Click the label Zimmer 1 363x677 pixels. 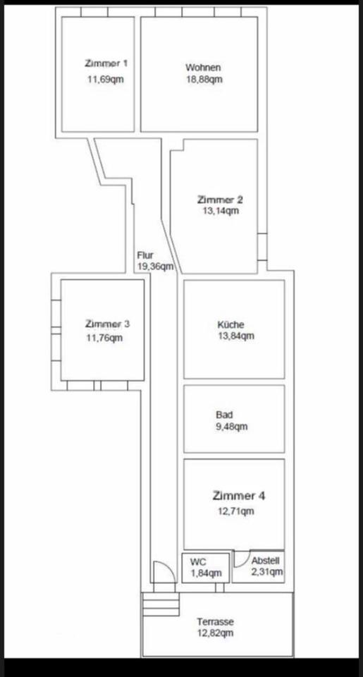[x=106, y=63]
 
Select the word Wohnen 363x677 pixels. [x=203, y=68]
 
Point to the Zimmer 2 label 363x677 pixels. [x=220, y=200]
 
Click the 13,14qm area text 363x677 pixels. [x=220, y=211]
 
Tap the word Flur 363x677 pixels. [x=145, y=255]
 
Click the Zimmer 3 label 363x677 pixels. [x=107, y=324]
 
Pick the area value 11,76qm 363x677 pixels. [x=104, y=338]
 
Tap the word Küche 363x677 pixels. [x=230, y=324]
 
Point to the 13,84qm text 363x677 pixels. [x=236, y=336]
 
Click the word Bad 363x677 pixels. [x=224, y=415]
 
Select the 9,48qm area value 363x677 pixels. [x=232, y=427]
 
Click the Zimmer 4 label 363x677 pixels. [x=239, y=496]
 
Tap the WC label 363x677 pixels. [x=198, y=562]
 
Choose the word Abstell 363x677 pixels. [x=266, y=561]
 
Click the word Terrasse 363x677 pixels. [x=216, y=622]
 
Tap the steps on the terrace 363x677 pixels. [x=161, y=604]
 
